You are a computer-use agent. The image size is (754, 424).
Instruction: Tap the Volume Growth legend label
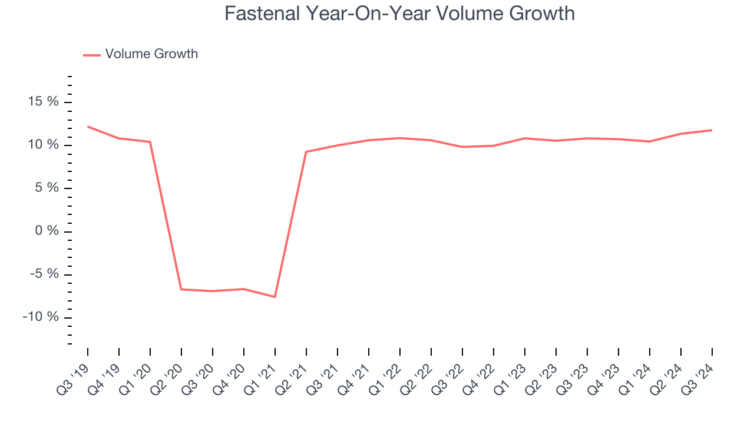[151, 54]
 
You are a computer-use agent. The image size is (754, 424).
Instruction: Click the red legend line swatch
[92, 55]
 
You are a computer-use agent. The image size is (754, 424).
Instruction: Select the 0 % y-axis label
[48, 231]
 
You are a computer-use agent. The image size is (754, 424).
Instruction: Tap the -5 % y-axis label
[43, 274]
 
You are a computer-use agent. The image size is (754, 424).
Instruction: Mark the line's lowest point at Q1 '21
[275, 297]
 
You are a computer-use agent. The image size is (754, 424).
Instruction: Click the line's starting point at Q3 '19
[88, 127]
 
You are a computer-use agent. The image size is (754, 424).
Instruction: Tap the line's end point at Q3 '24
[712, 130]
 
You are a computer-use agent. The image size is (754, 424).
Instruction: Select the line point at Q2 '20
[181, 289]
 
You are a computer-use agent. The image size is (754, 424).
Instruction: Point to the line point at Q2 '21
[306, 152]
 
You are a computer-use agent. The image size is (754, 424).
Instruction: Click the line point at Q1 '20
[150, 142]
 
